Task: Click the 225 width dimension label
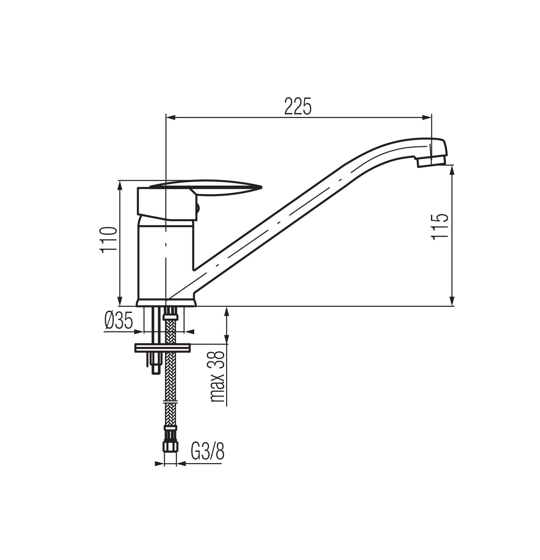(298, 106)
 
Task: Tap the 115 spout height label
(439, 226)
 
